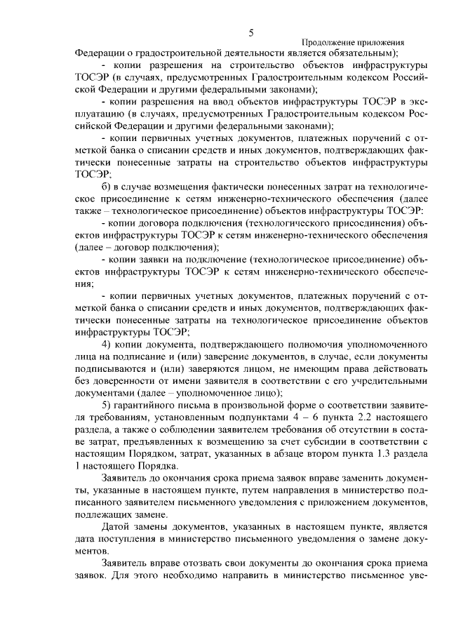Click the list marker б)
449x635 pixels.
tap(107, 186)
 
